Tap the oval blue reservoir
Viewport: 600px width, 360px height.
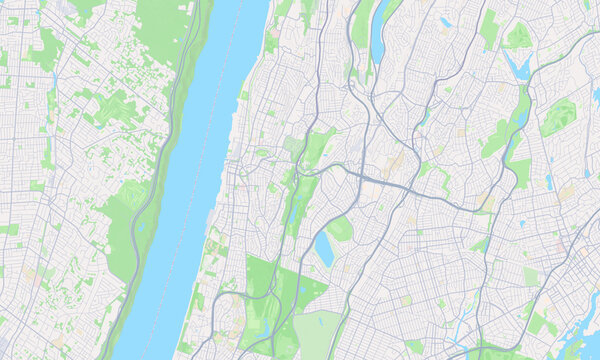324,250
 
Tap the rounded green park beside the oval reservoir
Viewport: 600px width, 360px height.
341,229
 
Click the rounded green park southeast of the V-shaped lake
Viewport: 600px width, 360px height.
557,118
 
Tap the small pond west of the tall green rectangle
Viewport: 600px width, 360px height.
445,22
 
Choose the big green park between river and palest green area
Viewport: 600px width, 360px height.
265,300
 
